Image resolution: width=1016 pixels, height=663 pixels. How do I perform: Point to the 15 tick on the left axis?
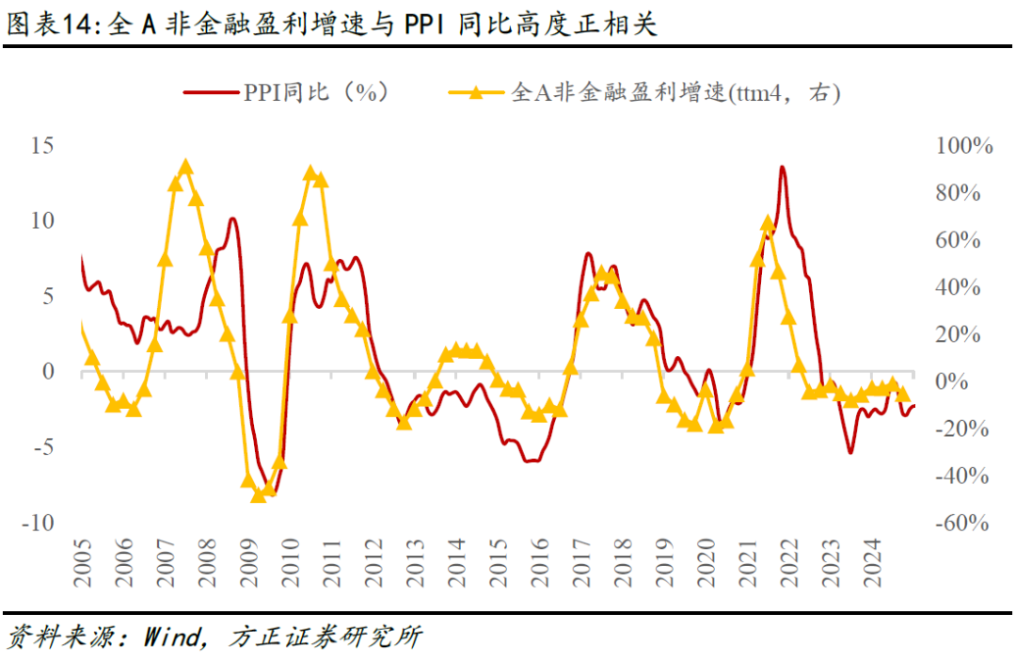pos(42,146)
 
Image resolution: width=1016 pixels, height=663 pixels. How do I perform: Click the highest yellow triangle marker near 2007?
pos(185,168)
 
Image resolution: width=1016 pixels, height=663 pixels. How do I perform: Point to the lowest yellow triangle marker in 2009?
pos(259,494)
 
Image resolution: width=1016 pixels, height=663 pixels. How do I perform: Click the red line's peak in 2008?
pos(232,218)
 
